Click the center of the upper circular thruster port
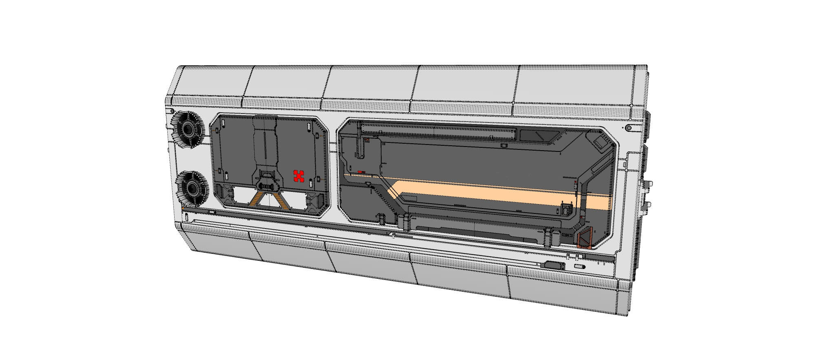188,130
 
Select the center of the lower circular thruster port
190,189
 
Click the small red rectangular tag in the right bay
360,172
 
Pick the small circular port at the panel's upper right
629,128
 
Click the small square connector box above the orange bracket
566,210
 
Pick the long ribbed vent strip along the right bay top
439,130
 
